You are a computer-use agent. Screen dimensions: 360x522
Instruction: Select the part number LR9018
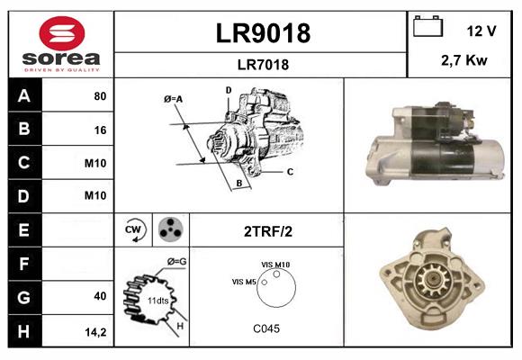tap(262, 33)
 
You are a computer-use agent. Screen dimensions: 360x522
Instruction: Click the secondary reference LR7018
tap(262, 64)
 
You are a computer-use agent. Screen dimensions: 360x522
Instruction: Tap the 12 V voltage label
tap(481, 31)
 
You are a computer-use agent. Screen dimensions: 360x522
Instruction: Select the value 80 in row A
tap(100, 95)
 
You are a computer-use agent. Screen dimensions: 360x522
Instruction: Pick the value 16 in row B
tap(100, 129)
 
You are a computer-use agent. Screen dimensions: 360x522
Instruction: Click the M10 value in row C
tap(95, 163)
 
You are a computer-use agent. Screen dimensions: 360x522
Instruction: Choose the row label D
tap(23, 196)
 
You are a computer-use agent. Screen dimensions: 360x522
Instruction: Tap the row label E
tap(23, 230)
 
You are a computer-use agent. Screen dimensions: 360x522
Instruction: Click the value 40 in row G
tap(100, 296)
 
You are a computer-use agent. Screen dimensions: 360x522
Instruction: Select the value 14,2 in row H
tap(96, 330)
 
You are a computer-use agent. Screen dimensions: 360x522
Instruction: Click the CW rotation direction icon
tap(134, 230)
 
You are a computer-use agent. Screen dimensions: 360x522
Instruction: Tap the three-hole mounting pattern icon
tap(169, 230)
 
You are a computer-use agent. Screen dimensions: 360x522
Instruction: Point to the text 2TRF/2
tap(266, 231)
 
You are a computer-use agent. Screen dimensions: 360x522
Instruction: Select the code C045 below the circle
tap(265, 328)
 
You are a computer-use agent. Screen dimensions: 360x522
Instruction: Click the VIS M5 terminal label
tap(245, 282)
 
